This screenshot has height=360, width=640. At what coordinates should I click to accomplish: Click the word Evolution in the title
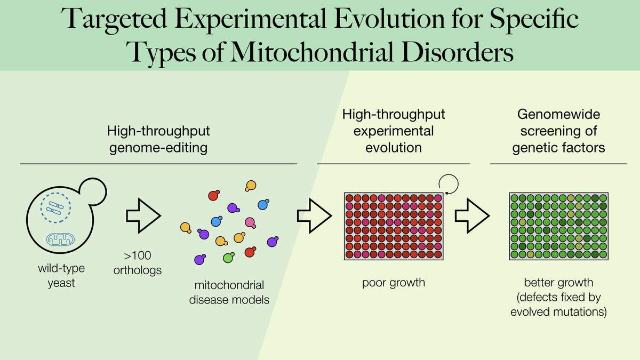(x=389, y=19)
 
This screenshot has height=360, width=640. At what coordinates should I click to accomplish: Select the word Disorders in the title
(x=458, y=52)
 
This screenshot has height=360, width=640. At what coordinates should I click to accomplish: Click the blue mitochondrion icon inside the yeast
(x=61, y=239)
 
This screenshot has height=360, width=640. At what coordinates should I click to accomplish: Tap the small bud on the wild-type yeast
(x=93, y=191)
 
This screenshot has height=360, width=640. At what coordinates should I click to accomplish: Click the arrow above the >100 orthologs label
(x=143, y=215)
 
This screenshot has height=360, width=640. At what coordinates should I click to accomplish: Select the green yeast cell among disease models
(x=229, y=258)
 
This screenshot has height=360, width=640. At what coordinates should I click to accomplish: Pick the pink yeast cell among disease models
(x=250, y=223)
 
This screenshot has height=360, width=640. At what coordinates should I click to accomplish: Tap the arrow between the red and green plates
(x=473, y=215)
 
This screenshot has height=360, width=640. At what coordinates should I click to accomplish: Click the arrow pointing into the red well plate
(x=314, y=215)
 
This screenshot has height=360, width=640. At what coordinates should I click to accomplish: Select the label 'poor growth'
(x=394, y=283)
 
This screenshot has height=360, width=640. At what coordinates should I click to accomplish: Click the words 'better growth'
(x=558, y=283)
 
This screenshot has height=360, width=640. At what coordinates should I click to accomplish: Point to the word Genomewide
(x=558, y=114)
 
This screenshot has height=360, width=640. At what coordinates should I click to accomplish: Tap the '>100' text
(x=138, y=255)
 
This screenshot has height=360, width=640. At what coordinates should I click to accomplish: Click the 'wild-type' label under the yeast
(x=61, y=269)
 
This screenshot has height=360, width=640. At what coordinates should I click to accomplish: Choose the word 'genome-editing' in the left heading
(x=158, y=148)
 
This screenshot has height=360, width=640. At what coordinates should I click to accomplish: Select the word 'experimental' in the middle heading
(x=394, y=131)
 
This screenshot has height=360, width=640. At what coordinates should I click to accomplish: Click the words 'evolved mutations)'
(x=558, y=311)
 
